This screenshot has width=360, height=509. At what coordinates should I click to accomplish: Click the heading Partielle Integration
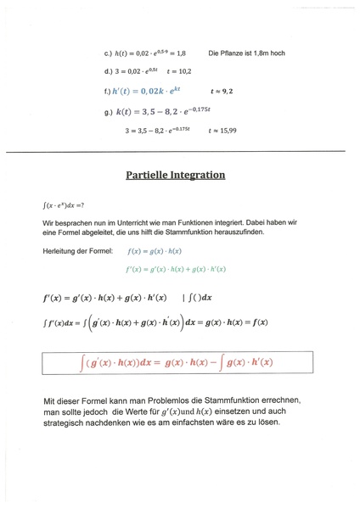176,176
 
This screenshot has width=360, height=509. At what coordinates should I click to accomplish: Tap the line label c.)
109,53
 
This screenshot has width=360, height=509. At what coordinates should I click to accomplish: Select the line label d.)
109,71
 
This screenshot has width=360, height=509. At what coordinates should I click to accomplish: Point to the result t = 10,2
179,71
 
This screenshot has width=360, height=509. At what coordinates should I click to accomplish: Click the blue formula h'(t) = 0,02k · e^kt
146,90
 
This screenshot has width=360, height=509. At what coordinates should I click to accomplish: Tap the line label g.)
109,110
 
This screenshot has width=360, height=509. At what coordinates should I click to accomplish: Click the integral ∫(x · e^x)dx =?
64,204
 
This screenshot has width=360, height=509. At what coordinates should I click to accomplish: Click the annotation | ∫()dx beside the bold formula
198,299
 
